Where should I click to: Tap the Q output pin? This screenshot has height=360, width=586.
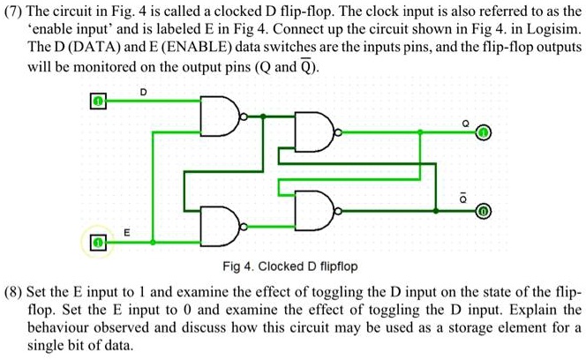483,132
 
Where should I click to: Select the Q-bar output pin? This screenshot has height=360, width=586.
483,213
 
